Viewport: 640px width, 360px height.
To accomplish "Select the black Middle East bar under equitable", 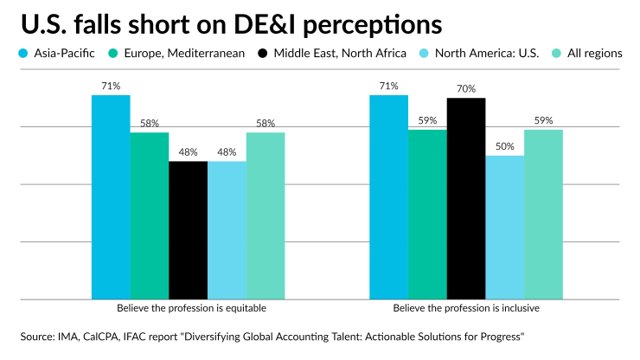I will [188, 230].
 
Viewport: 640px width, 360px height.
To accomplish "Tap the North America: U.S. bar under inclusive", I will [504, 228].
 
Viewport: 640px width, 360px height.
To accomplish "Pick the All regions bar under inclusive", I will [543, 215].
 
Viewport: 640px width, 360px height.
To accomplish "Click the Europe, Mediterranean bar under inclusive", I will [427, 215].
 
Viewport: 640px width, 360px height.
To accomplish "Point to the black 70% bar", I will [466, 199].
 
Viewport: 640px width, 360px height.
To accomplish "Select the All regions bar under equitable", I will [266, 216].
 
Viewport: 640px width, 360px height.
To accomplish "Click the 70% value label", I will [466, 89].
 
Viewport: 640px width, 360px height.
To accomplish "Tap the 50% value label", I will [504, 146].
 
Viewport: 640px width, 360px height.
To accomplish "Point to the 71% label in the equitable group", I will [111, 86].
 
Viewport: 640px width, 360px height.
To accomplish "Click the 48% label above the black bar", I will [188, 152].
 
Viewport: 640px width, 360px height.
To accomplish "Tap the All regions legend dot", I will [557, 53].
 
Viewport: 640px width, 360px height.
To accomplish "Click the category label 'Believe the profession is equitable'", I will [190, 308].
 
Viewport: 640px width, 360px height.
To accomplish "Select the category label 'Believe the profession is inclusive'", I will [466, 308].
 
